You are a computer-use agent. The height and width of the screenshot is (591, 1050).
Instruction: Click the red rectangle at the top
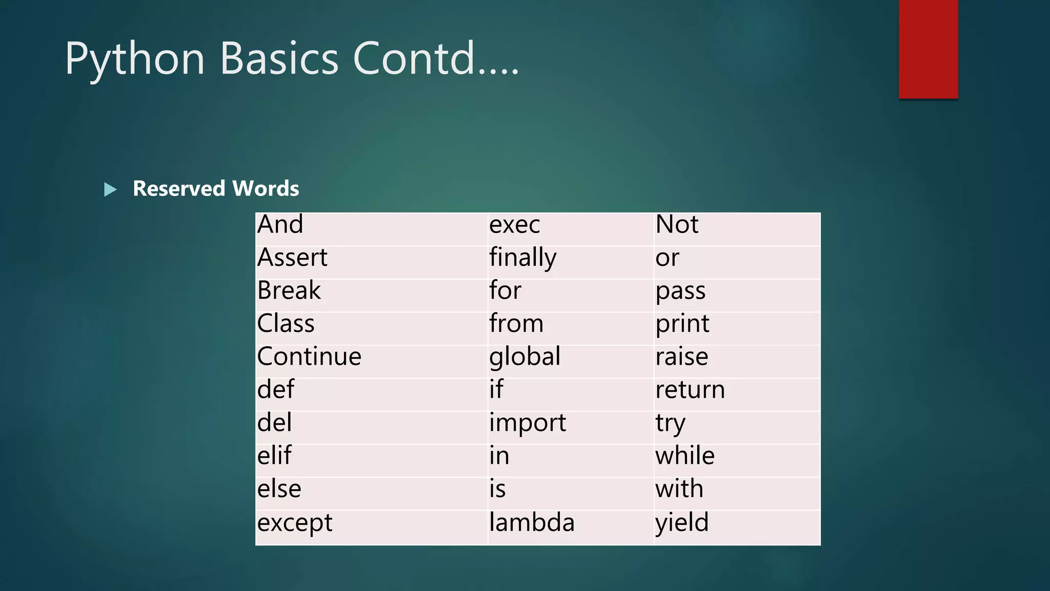coord(928,49)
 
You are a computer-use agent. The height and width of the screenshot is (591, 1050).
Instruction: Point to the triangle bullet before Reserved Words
coord(110,190)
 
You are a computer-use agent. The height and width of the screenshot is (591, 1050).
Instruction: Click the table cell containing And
coord(280,225)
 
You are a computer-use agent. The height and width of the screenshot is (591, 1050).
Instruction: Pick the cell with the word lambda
coord(532,523)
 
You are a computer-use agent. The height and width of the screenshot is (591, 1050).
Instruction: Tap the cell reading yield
coord(682,523)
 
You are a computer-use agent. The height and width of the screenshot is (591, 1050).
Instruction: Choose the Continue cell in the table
coord(309,357)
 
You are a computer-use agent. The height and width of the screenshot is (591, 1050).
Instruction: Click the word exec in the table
coord(514,225)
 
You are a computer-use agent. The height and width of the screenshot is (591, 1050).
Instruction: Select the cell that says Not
coord(677,225)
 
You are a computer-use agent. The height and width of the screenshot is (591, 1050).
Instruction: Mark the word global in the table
coord(524,357)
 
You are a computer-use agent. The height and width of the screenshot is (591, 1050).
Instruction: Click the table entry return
coord(690,390)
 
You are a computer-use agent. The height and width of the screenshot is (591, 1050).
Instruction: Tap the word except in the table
coord(295,523)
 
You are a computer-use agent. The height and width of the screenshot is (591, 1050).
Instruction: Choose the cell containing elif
coord(274,456)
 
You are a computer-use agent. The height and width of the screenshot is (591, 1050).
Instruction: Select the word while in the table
coord(685,456)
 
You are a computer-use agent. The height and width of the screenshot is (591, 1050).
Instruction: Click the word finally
coord(522,258)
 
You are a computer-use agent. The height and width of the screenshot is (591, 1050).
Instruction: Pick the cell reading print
coord(682,324)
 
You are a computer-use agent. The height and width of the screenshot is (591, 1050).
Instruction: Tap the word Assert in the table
coord(292,258)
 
